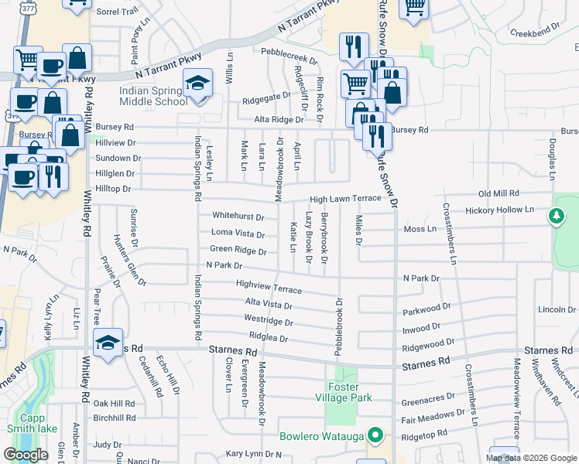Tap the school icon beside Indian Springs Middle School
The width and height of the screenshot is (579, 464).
(x=197, y=84)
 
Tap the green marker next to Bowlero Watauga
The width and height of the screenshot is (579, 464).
(x=376, y=435)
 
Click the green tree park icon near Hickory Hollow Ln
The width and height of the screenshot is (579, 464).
(x=556, y=217)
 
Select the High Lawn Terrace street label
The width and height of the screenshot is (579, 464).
(x=346, y=199)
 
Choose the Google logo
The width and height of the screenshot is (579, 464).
(x=26, y=455)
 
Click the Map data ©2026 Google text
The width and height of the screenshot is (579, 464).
(x=531, y=458)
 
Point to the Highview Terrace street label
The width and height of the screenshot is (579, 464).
(x=269, y=287)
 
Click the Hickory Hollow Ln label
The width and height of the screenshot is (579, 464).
(x=501, y=210)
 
